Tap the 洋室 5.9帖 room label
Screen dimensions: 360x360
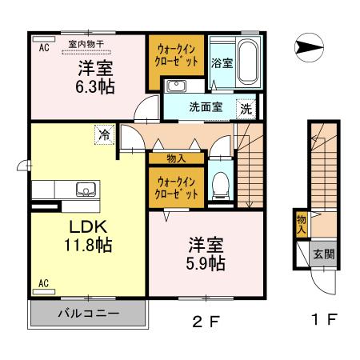pyautogui.click(x=206, y=252)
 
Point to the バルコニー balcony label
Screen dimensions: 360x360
pyautogui.click(x=88, y=314)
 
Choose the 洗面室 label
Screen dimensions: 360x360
pyautogui.click(x=205, y=106)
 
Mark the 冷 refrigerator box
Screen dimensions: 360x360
pyautogui.click(x=105, y=135)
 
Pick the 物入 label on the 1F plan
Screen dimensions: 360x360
pyautogui.click(x=302, y=224)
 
